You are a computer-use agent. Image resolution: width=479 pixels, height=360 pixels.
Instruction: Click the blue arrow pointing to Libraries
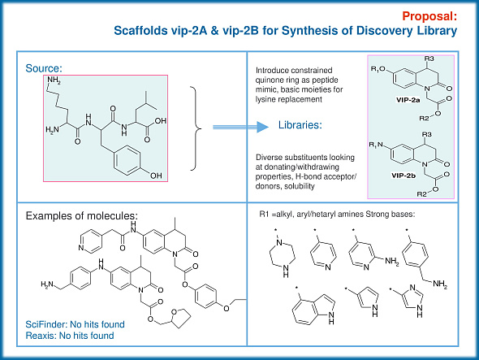(235, 127)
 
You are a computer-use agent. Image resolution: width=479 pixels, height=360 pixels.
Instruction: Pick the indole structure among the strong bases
(306, 312)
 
